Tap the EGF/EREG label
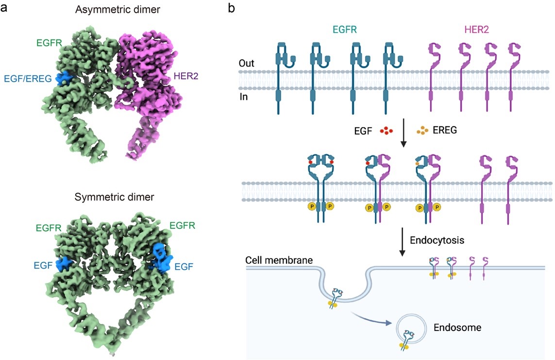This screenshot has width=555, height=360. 27,79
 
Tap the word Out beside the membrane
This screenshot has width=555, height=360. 248,64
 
